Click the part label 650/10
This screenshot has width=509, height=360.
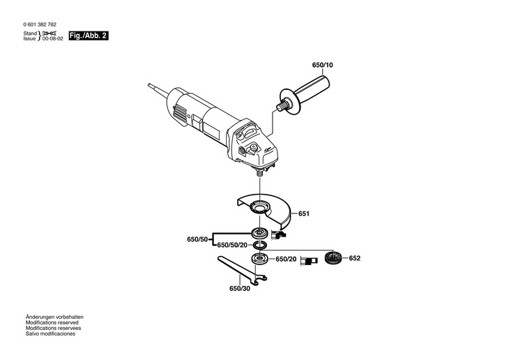coord(322,65)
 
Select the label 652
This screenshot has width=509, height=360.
coord(355,258)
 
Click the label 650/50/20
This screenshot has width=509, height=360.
coord(232,246)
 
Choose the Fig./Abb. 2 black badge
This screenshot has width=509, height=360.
coord(90,36)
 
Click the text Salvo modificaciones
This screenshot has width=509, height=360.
coord(50,333)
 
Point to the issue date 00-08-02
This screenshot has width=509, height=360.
coord(52,39)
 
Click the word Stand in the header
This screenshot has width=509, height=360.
coord(29,33)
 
